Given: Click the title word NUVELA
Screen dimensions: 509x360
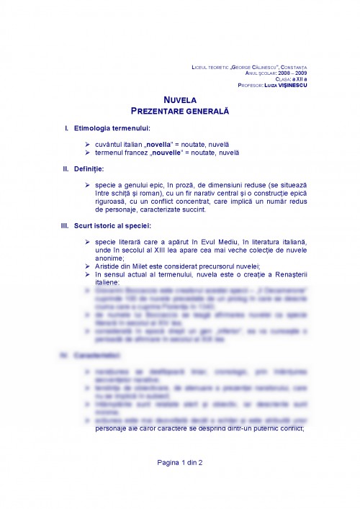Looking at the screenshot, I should click(x=180, y=102).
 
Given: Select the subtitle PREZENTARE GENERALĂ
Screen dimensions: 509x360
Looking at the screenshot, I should click(x=180, y=112).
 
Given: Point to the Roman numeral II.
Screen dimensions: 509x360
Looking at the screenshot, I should click(x=65, y=169).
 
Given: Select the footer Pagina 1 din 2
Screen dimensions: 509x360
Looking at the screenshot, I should click(x=180, y=462).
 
